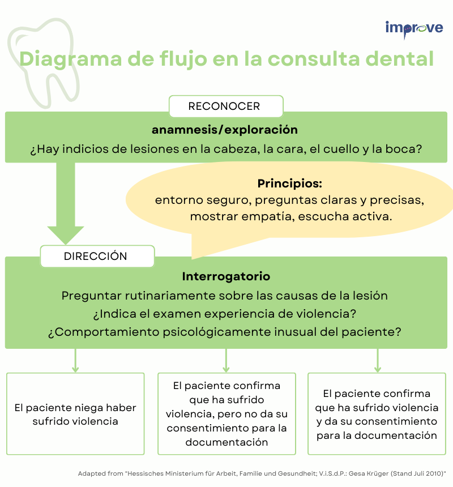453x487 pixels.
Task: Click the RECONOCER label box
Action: coord(226,106)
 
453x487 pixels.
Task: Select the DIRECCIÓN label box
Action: coord(97,256)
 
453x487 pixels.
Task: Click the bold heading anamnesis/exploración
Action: coord(224,130)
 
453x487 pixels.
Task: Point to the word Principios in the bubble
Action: coord(290,183)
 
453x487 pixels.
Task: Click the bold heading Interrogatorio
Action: coord(226,276)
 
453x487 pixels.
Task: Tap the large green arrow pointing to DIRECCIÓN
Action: coord(66,203)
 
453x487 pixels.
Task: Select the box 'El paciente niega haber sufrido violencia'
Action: coord(75,414)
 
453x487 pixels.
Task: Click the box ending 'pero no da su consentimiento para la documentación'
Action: coord(226,414)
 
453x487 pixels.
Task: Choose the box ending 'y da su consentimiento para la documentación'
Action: coord(377,414)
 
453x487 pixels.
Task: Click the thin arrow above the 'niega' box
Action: coord(75,360)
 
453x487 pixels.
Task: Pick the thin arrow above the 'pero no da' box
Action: coord(226,360)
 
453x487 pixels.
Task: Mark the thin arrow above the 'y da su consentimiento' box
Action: coord(378,360)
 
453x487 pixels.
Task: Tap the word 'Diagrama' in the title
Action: coord(71,59)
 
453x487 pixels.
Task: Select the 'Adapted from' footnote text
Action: coord(262,473)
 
